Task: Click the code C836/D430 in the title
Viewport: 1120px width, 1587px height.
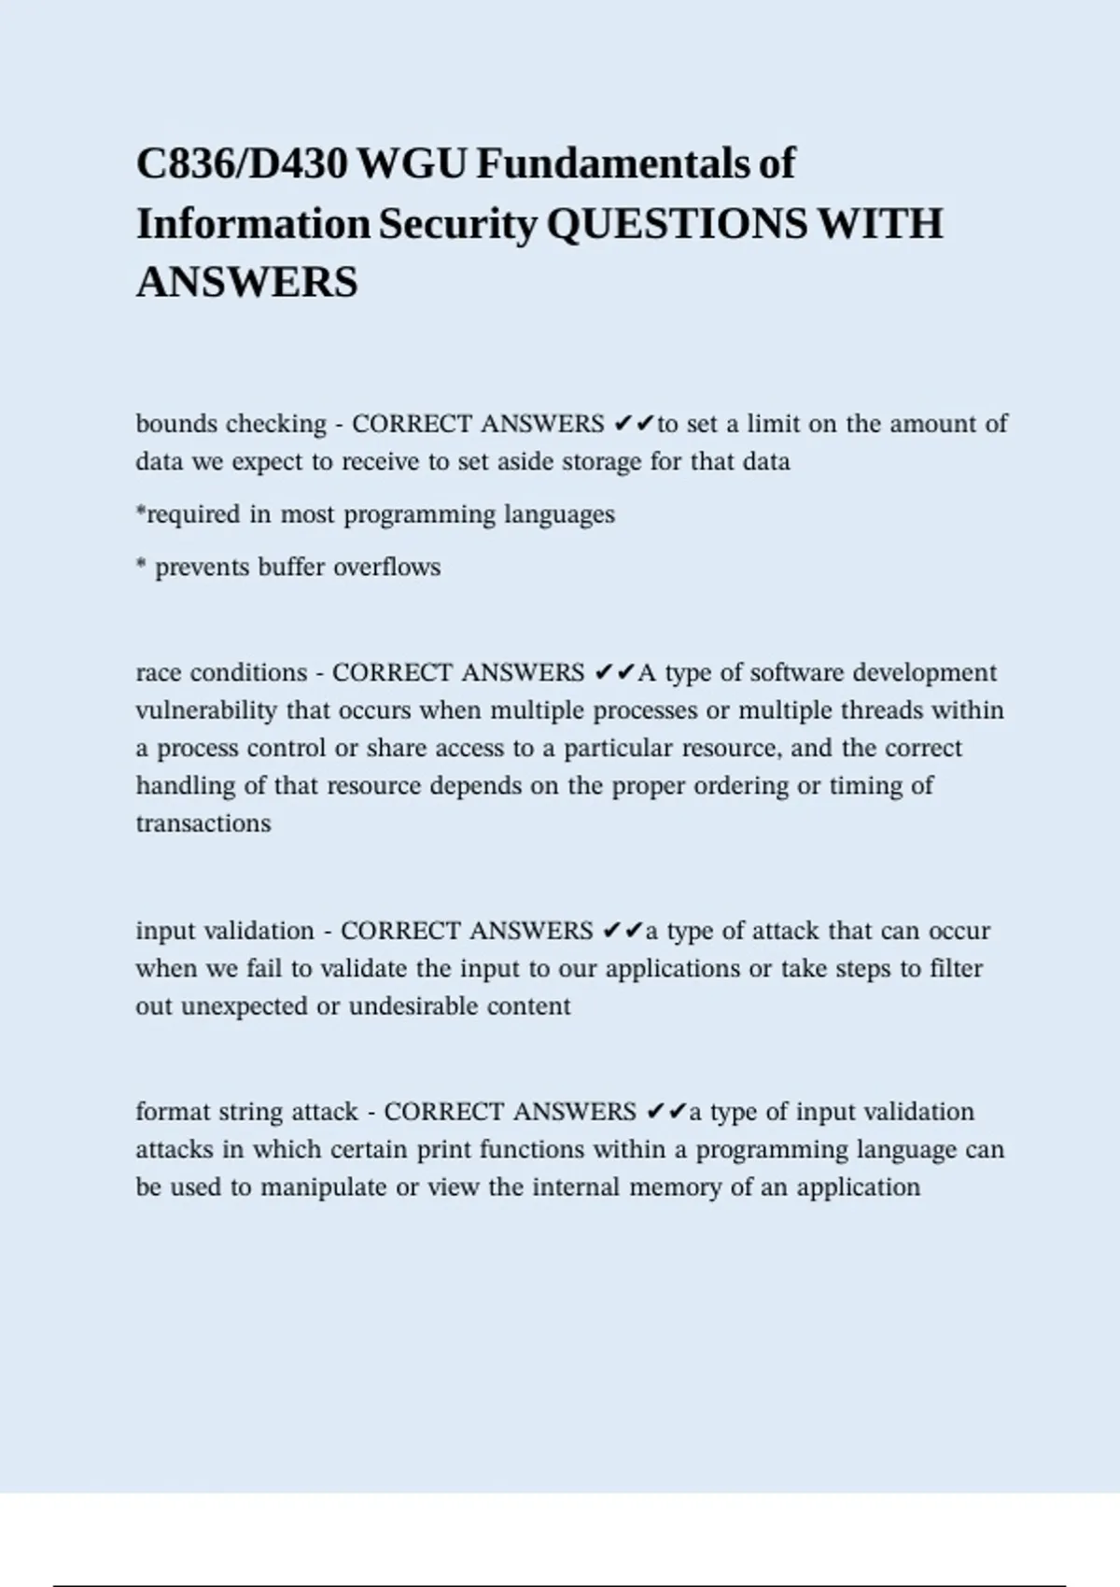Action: coord(242,164)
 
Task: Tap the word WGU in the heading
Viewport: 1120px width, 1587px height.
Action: coord(412,164)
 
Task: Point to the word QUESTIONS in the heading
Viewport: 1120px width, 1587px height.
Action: coord(676,224)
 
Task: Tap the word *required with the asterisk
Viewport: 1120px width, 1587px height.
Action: coord(189,514)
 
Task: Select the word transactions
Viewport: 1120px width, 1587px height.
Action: coord(203,823)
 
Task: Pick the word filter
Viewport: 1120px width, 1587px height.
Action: coord(956,969)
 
